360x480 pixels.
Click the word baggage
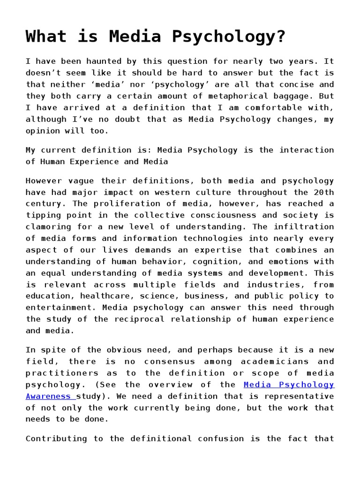pyautogui.click(x=297, y=96)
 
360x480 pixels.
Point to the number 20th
pyautogui.click(x=323, y=192)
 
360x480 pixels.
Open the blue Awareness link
pyautogui.click(x=49, y=397)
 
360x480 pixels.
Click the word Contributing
pyautogui.click(x=60, y=439)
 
